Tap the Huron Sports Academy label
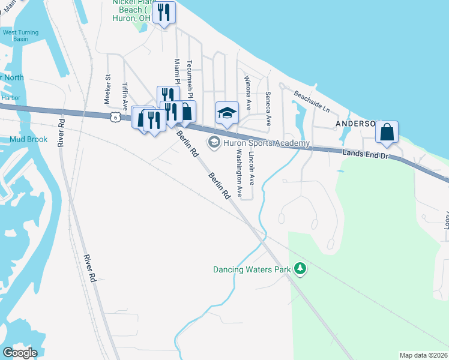(x=266, y=143)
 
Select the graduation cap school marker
(x=227, y=112)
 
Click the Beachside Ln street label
(x=312, y=101)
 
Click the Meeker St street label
(x=109, y=85)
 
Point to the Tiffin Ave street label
(x=125, y=95)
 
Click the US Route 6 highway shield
(x=114, y=118)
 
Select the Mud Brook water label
(x=29, y=139)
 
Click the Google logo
(x=20, y=352)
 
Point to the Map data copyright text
(x=424, y=355)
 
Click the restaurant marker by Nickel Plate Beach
(x=164, y=12)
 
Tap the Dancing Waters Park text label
(x=252, y=269)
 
